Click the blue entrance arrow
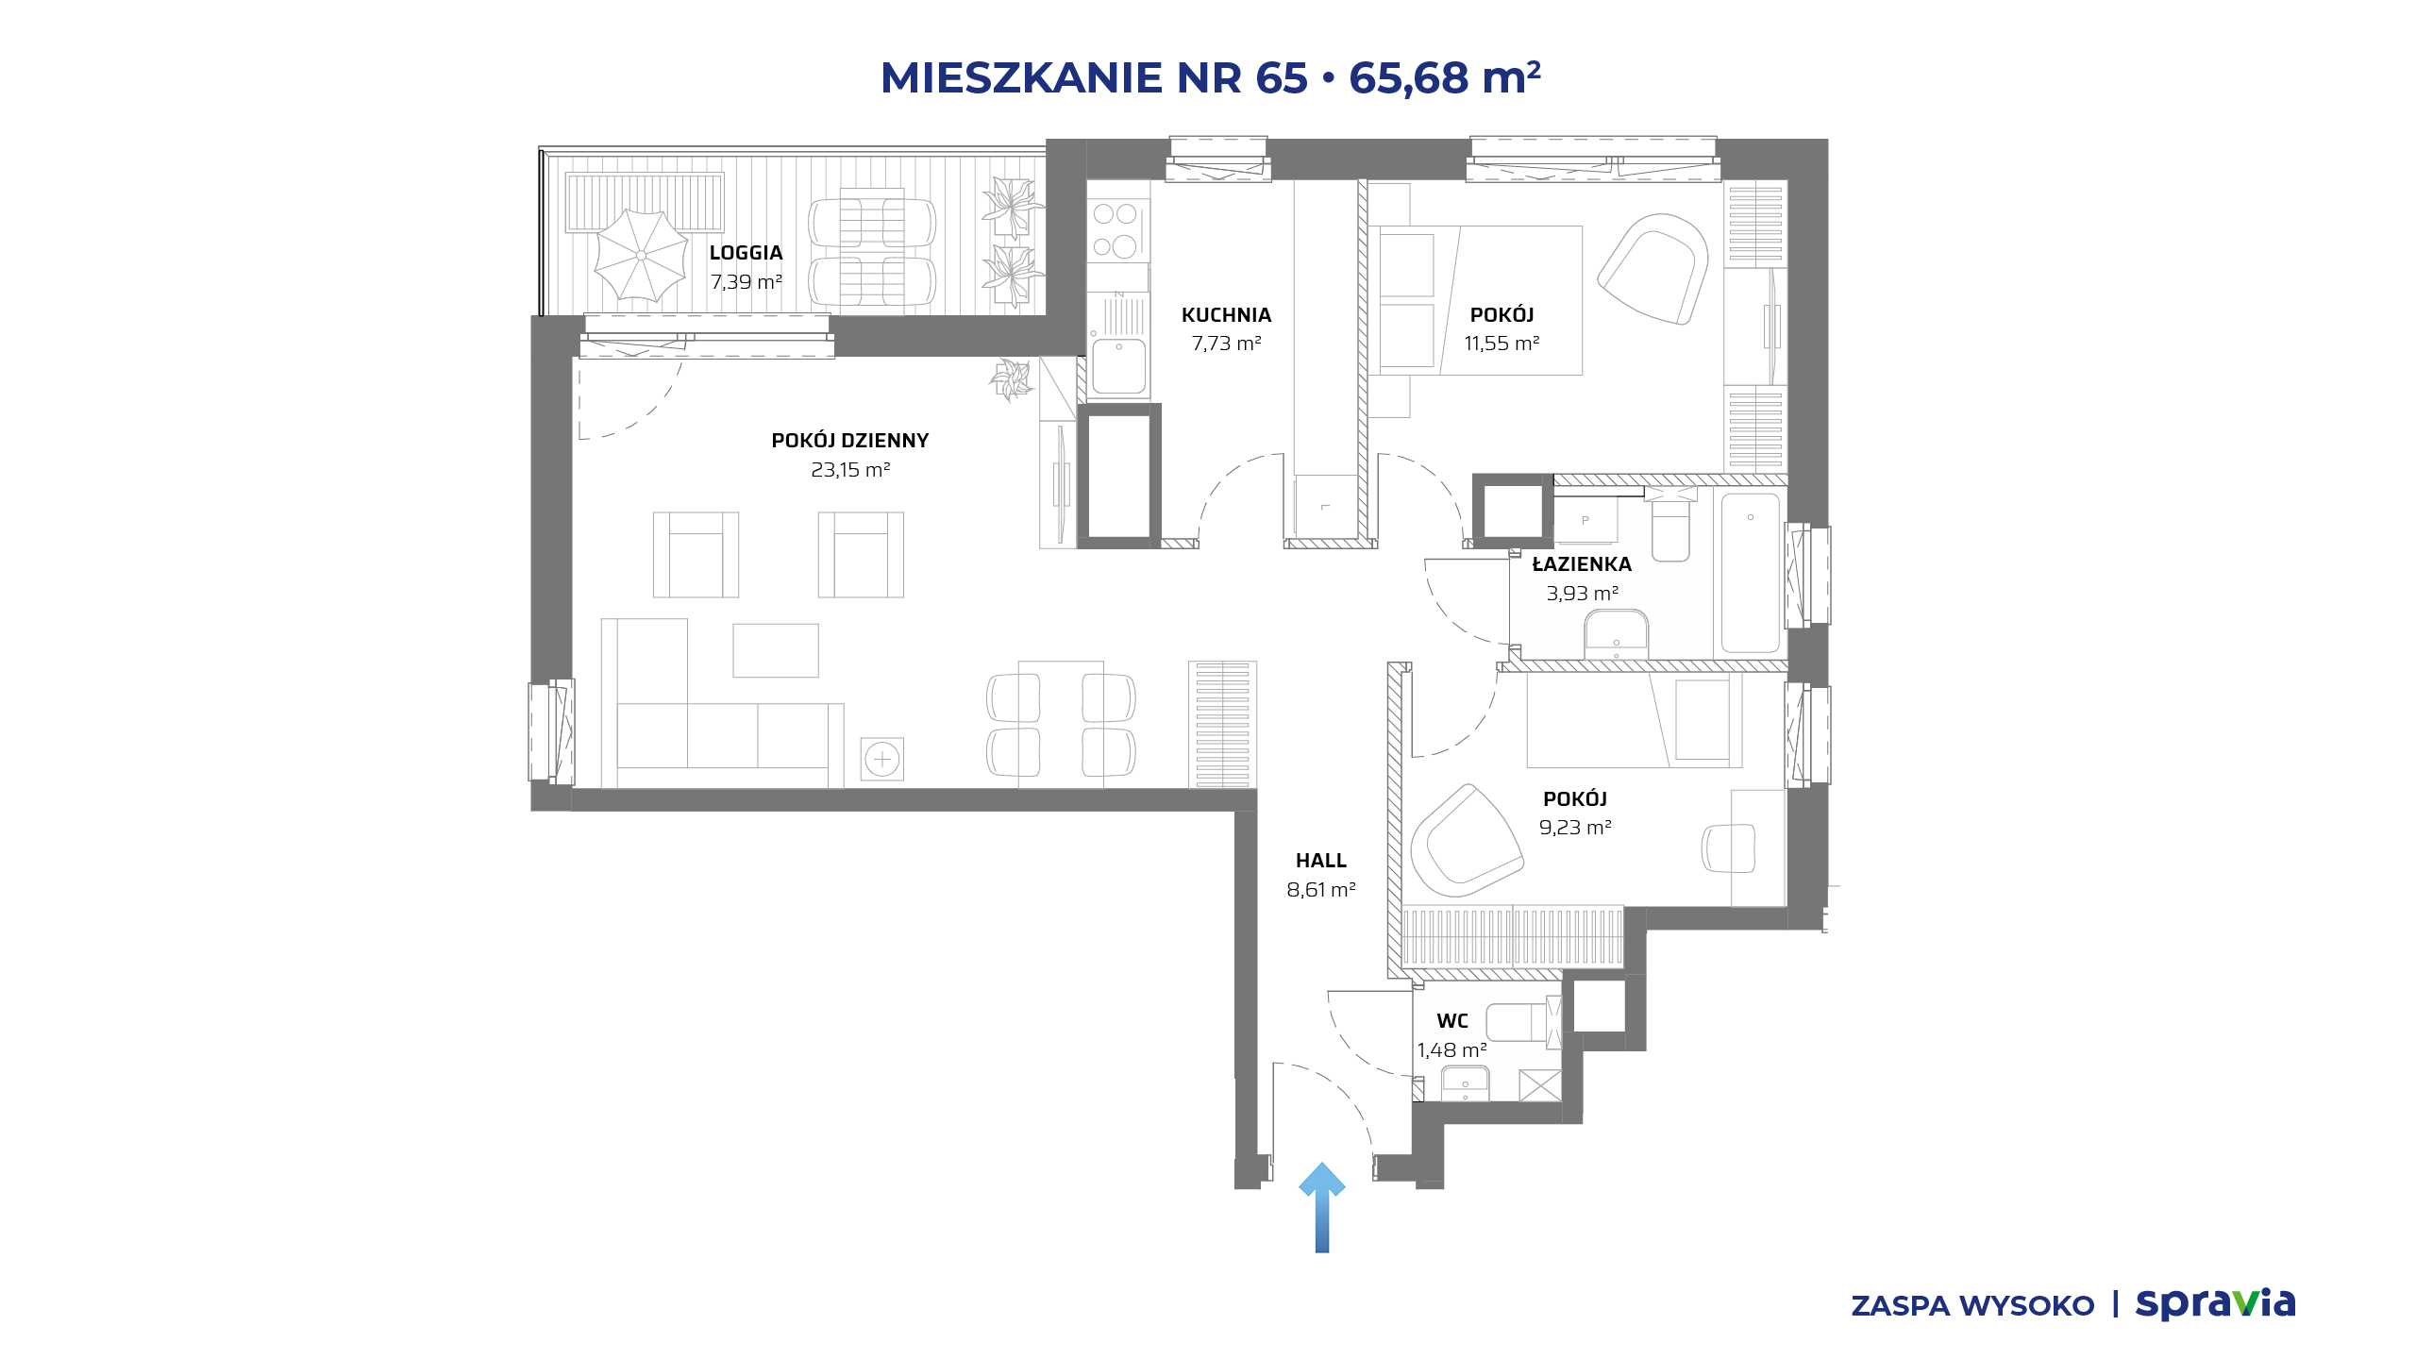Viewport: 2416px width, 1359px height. click(1322, 1208)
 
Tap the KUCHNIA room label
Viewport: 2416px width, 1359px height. click(1226, 315)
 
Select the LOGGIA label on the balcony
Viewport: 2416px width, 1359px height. click(746, 253)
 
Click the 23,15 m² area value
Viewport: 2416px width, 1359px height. click(850, 469)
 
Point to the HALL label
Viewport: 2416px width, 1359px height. click(1321, 861)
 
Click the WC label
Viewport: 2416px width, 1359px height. click(1452, 1021)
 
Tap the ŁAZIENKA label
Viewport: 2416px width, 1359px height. click(1582, 564)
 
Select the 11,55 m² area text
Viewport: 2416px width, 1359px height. click(1502, 344)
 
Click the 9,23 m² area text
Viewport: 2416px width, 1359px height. click(1575, 828)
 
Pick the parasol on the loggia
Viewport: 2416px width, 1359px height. click(641, 255)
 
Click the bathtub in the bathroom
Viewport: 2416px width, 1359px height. click(1751, 573)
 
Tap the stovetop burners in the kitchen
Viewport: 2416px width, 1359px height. click(1116, 229)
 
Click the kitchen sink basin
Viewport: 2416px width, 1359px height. click(1119, 365)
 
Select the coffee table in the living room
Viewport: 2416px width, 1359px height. click(776, 650)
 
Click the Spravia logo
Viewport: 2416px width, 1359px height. click(2216, 1303)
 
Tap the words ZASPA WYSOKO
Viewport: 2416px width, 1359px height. click(1972, 1306)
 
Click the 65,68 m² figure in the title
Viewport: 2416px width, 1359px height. click(1445, 77)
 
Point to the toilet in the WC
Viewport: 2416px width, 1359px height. click(1522, 1022)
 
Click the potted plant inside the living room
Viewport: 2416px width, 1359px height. click(1011, 379)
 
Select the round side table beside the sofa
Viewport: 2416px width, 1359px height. click(882, 759)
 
